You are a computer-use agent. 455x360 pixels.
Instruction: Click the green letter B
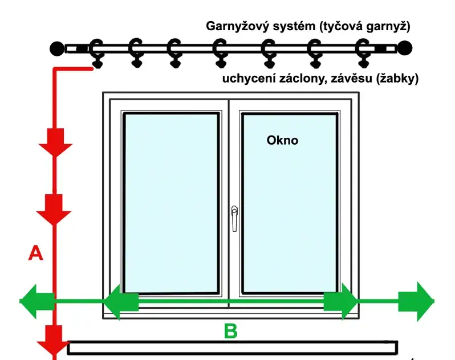click(230, 331)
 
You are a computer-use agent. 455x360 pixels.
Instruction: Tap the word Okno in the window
click(282, 140)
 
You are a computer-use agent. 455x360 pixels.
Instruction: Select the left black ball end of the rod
click(56, 48)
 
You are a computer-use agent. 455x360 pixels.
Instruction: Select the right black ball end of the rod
click(404, 48)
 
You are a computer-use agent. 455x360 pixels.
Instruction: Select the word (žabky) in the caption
click(397, 79)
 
